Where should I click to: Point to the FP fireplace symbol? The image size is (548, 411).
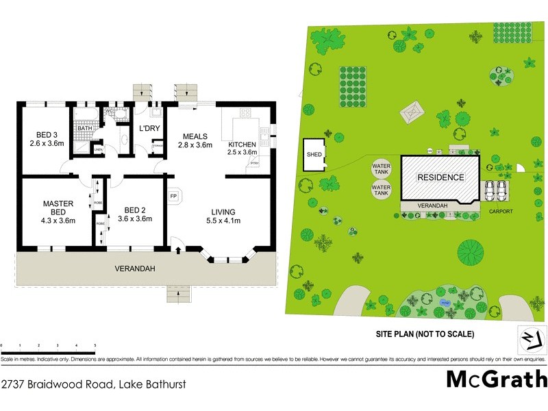[174, 196]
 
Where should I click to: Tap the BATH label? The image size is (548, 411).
[85, 128]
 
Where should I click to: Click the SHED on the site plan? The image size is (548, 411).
[314, 155]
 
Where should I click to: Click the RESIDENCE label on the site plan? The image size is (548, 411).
[441, 177]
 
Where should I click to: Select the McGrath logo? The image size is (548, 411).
[497, 379]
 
